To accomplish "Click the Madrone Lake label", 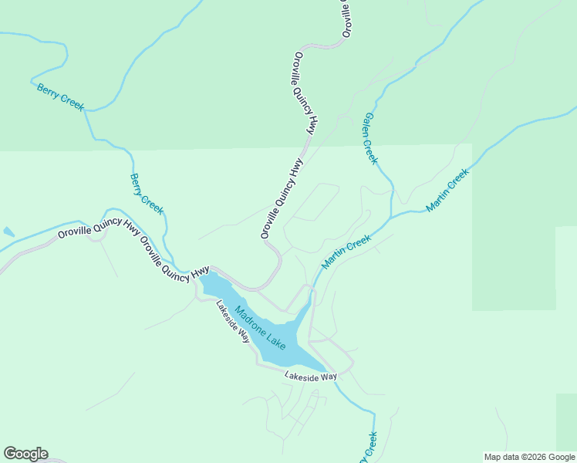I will point(260,327).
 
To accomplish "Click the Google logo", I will point(25,454).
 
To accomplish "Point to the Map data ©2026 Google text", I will point(529,457).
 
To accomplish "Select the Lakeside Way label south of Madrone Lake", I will point(311,377).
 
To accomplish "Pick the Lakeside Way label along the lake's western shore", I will point(233,321).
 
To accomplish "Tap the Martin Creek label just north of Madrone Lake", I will point(346,252).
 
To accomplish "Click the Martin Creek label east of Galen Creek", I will point(447,191).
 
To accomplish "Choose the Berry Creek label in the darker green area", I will point(60,97).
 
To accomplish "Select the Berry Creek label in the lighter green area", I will point(147,194).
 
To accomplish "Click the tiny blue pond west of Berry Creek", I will point(8,231).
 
